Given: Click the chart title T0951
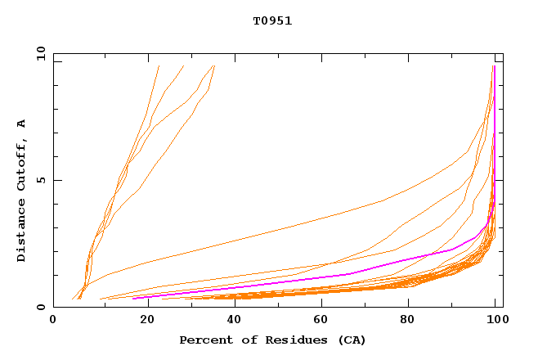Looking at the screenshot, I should coord(272,21).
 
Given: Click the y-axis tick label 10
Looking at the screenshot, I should coord(40,53).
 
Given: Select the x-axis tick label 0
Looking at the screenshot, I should coord(53,321).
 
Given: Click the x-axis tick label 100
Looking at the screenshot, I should coord(496,321).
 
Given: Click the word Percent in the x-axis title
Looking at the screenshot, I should coord(205,340).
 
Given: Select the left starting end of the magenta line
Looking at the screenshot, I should coord(132,298).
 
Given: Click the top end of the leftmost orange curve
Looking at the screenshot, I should coord(159,65).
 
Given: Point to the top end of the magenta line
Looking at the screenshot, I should coord(494,65).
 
